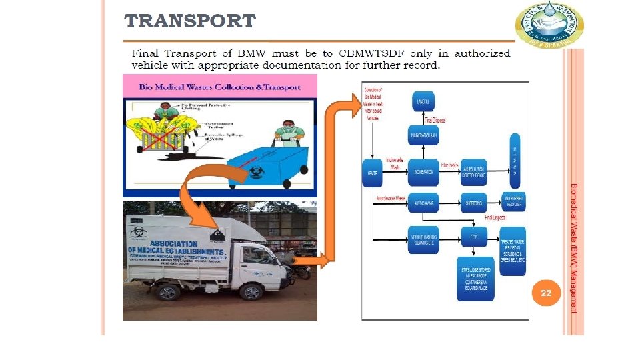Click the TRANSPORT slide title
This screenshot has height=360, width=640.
pyautogui.click(x=190, y=21)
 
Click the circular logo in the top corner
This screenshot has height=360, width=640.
pyautogui.click(x=549, y=25)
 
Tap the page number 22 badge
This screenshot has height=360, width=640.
pyautogui.click(x=546, y=293)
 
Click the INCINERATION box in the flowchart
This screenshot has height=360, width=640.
pyautogui.click(x=423, y=171)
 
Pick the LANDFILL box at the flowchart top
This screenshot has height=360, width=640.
pyautogui.click(x=422, y=102)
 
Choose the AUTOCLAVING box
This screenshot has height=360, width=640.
pyautogui.click(x=423, y=201)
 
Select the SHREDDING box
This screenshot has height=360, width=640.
pyautogui.click(x=474, y=201)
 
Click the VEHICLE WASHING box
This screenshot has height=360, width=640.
pyautogui.click(x=423, y=236)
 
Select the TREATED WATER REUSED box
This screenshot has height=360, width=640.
pyautogui.click(x=514, y=251)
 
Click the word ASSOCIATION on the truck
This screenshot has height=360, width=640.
pyautogui.click(x=175, y=243)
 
